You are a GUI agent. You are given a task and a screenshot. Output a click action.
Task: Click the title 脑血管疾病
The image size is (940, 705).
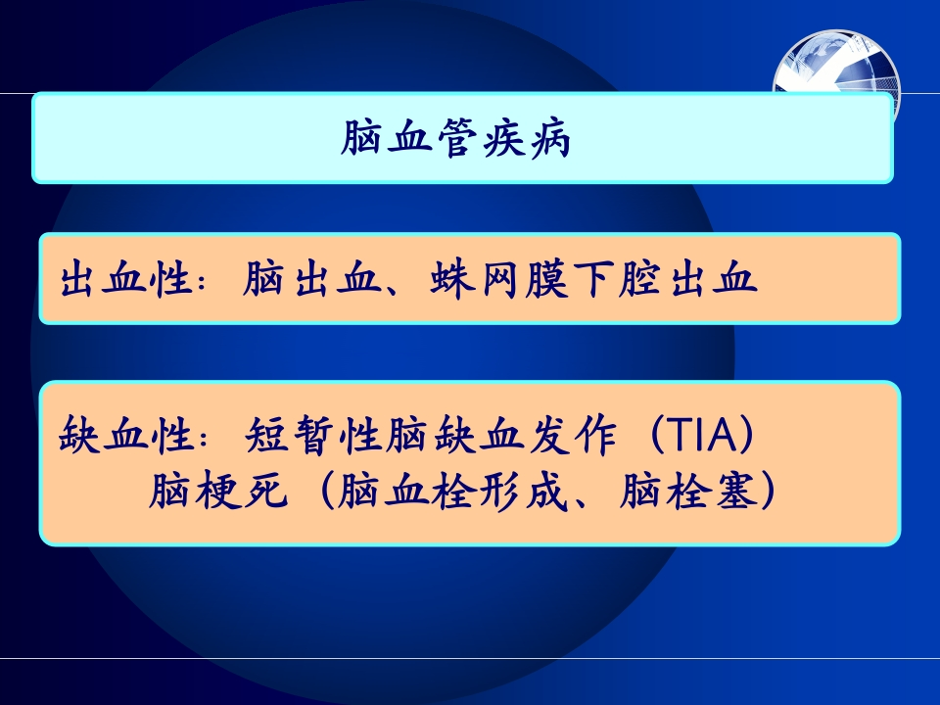[455, 138]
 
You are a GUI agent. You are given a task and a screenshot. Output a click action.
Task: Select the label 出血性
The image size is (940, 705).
[126, 279]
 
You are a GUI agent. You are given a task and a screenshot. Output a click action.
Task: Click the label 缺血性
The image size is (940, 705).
[126, 434]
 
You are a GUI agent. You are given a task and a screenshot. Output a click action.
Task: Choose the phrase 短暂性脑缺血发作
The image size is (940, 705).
[431, 434]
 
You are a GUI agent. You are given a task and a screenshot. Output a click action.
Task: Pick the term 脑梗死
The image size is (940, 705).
[217, 491]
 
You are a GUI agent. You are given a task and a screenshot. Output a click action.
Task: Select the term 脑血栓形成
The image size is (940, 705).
[452, 491]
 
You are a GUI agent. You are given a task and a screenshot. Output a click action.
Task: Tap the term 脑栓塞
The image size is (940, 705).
[687, 491]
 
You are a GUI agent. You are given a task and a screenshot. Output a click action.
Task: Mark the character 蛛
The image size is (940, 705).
[450, 279]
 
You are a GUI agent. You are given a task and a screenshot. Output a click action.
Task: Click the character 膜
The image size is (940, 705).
[545, 279]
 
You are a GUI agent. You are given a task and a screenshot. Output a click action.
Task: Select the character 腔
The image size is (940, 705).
[639, 279]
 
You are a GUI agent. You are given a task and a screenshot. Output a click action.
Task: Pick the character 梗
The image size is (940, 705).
[217, 491]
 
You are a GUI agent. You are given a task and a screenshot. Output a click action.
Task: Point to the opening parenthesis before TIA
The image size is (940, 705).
[653, 434]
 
